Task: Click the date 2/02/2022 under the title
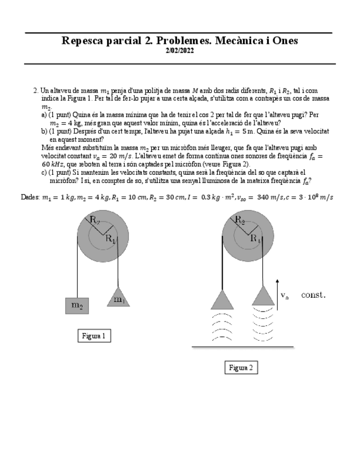pyautogui.click(x=180, y=51)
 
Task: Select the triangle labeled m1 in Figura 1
pyautogui.click(x=119, y=297)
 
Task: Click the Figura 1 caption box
pyautogui.click(x=93, y=336)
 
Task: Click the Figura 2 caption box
pyautogui.click(x=241, y=368)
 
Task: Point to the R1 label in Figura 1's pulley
pyautogui.click(x=111, y=239)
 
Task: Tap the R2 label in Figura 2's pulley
pyautogui.click(x=240, y=221)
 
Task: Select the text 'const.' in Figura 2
pyautogui.click(x=313, y=295)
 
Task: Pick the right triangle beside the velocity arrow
pyautogui.click(x=263, y=296)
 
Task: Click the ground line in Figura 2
pyautogui.click(x=242, y=347)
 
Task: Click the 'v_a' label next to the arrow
pyautogui.click(x=285, y=296)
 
